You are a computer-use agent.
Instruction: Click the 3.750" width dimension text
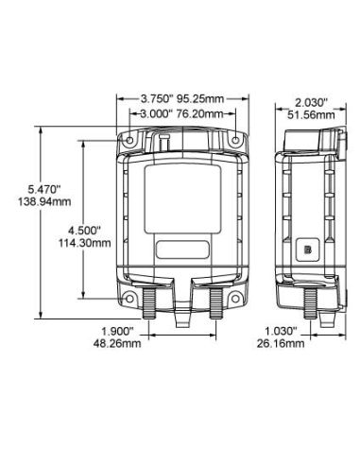click(x=157, y=99)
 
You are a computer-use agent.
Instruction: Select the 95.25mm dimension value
click(x=200, y=99)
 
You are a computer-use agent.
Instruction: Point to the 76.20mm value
click(x=199, y=113)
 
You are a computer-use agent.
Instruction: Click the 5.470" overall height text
click(x=44, y=189)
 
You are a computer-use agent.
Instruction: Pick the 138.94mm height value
click(x=44, y=201)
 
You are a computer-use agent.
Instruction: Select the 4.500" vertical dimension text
click(x=84, y=231)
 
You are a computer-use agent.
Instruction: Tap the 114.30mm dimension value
click(x=85, y=243)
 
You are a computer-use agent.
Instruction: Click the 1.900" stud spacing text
click(x=117, y=331)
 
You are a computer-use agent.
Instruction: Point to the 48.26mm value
click(x=117, y=343)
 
